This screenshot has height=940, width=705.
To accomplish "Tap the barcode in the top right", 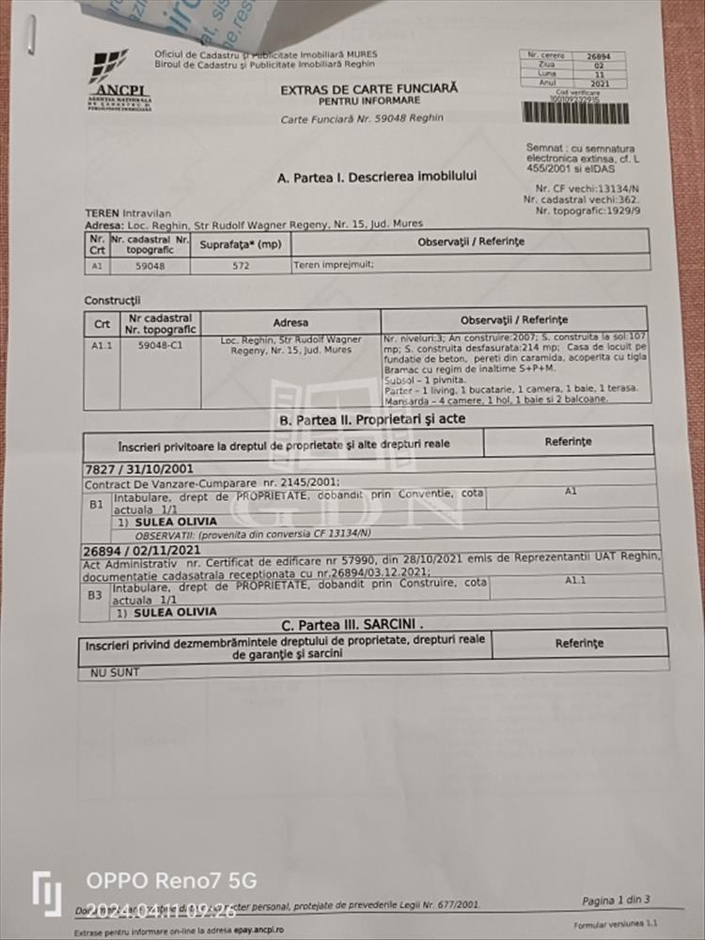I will (x=575, y=112).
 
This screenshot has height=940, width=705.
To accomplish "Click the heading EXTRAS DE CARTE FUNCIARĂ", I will (x=368, y=88).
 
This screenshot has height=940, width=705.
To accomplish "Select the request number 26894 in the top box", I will (x=598, y=56).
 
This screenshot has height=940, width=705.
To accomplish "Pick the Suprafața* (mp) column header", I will (x=241, y=244).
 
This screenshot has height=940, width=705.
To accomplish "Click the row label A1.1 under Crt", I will (x=102, y=345).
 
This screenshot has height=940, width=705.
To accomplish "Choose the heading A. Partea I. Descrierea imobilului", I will (x=376, y=177).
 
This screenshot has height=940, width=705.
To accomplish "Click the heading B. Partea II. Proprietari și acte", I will (x=372, y=419).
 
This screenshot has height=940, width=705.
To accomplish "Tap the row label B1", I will (x=95, y=503).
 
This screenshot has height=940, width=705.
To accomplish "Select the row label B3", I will (x=95, y=594).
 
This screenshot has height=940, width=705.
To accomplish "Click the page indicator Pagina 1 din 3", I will (x=615, y=901).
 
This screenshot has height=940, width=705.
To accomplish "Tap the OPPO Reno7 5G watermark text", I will (x=171, y=881).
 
